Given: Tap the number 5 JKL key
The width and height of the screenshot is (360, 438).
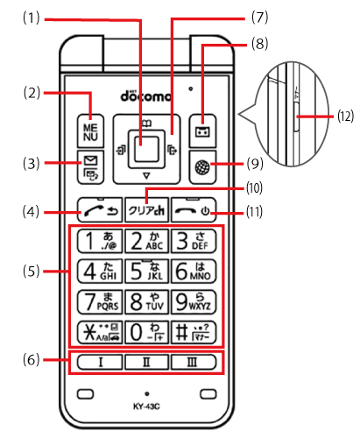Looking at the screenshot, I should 145,269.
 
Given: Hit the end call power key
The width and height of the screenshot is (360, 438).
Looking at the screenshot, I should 194,210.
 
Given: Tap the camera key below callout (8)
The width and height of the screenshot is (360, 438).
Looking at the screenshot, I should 202,121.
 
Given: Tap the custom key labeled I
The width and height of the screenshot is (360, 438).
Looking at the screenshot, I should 96,361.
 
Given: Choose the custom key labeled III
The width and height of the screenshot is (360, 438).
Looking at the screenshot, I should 194,361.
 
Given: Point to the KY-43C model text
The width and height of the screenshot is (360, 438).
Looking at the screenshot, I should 145,407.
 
